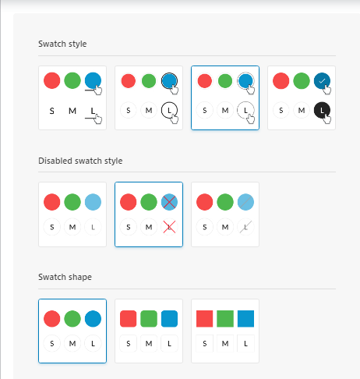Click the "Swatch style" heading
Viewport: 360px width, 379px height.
coord(62,44)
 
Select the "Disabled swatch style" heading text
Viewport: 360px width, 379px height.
coord(80,161)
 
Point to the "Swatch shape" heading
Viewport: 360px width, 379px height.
coord(65,277)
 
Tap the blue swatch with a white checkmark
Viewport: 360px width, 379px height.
coord(322,81)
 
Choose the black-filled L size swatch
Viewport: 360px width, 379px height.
coord(322,110)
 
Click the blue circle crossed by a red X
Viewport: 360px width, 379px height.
coord(169,202)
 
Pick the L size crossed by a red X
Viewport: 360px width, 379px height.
coord(169,227)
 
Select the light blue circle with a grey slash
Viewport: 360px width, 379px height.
coord(245,202)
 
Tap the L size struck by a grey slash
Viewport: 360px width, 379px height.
coord(245,227)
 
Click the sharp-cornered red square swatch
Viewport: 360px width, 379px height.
coord(205,318)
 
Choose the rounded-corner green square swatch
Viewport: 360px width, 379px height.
coord(149,318)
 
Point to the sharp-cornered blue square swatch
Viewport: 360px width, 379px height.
coord(245,318)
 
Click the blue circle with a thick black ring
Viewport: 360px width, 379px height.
coord(169,81)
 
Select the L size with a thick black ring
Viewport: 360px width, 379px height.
coord(169,110)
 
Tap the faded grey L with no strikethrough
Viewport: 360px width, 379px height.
coord(93,227)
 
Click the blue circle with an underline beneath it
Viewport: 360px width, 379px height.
coord(93,80)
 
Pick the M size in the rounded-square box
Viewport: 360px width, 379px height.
coord(149,344)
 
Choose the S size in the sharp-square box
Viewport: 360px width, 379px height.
coord(205,344)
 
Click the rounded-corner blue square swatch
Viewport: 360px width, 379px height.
coord(169,318)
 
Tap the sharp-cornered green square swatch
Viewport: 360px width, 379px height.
coord(225,318)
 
